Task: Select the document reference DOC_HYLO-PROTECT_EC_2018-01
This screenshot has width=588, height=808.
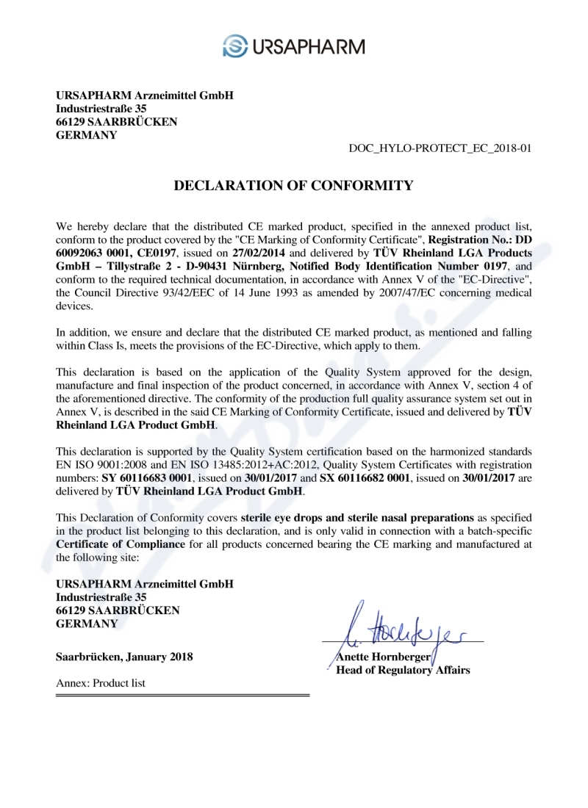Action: click(440, 148)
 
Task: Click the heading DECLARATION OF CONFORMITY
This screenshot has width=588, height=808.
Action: click(293, 186)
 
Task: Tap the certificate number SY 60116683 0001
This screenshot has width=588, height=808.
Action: click(146, 477)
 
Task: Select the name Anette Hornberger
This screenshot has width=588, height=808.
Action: click(382, 657)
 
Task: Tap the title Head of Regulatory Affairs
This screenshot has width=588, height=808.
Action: click(403, 670)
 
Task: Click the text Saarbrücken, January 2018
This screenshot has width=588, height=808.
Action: click(124, 657)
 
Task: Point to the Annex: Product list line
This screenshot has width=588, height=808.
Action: click(101, 683)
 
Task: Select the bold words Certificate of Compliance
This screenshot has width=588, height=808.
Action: click(121, 544)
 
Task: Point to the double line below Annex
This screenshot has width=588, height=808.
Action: click(182, 695)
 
